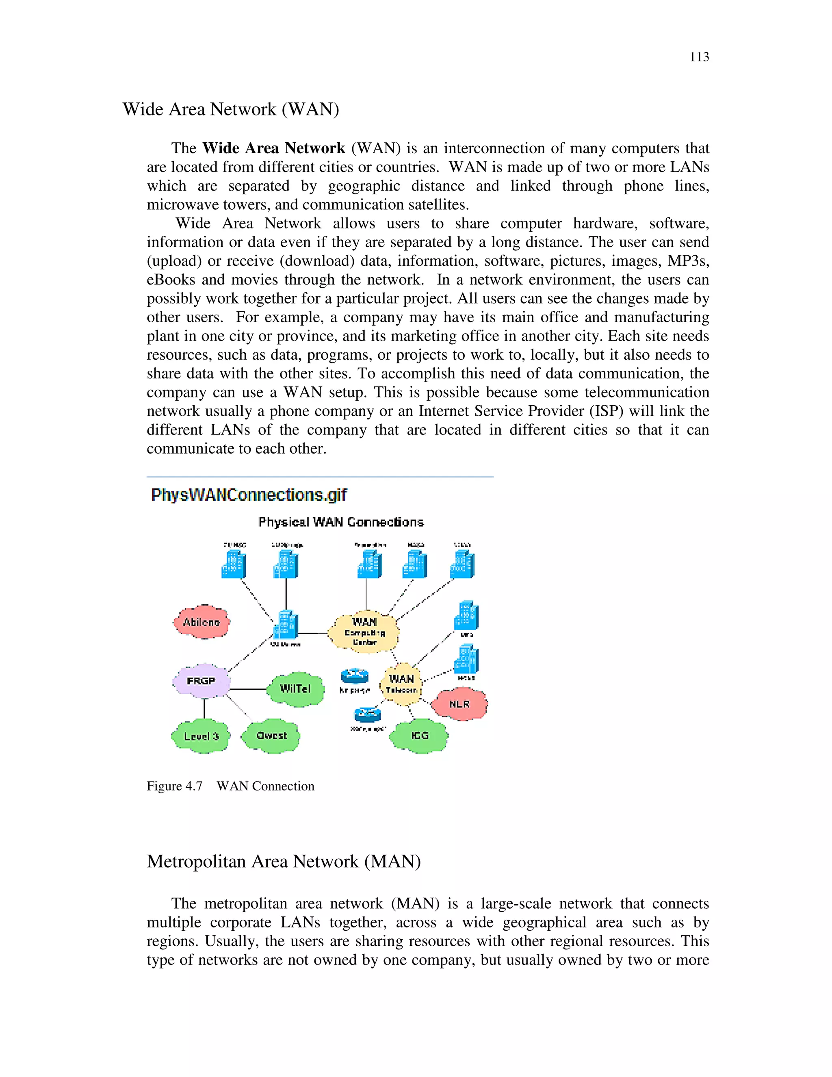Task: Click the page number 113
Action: click(x=699, y=57)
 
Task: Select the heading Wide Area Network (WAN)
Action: click(x=231, y=109)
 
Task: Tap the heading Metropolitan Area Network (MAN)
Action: click(x=284, y=861)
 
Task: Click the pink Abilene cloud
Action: click(x=201, y=622)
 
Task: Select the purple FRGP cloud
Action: click(x=201, y=681)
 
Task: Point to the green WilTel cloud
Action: click(x=295, y=688)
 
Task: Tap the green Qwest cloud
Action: click(x=271, y=735)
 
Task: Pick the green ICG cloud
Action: click(x=419, y=735)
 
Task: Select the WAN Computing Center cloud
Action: click(x=364, y=632)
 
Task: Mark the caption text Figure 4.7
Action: click(x=174, y=786)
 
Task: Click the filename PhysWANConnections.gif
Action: click(x=249, y=495)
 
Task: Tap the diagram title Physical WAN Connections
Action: click(x=341, y=522)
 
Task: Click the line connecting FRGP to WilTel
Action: click(x=248, y=688)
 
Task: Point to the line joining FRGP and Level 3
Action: click(x=204, y=709)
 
